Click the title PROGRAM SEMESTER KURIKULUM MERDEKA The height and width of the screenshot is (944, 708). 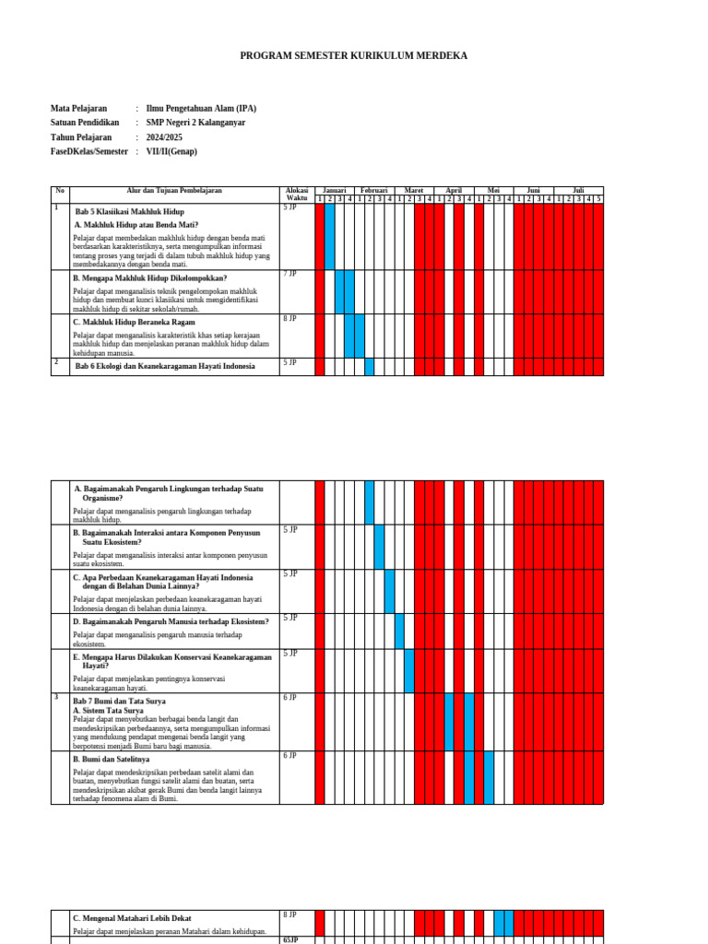(x=353, y=56)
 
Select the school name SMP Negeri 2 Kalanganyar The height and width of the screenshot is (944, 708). (x=195, y=123)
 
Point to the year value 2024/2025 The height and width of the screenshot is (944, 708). (x=164, y=137)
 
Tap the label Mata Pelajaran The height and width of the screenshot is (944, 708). (x=79, y=108)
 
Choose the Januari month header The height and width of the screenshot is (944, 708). (x=335, y=190)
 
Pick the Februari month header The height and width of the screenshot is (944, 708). (x=374, y=190)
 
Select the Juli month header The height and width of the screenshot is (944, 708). (x=578, y=190)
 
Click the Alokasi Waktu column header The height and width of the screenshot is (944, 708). (x=296, y=195)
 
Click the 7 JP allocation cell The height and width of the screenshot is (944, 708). (x=290, y=274)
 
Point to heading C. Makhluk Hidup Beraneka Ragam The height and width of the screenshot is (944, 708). (x=134, y=323)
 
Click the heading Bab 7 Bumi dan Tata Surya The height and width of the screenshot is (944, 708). (x=119, y=702)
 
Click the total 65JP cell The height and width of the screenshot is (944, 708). (x=291, y=939)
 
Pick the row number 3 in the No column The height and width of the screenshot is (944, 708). (x=56, y=698)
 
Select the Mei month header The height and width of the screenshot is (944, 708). (x=494, y=190)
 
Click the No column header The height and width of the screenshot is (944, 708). (x=60, y=191)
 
